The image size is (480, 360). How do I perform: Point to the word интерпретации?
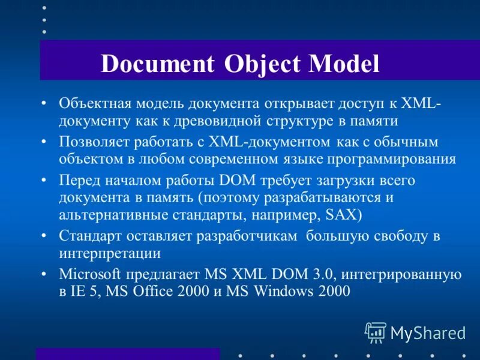tap(110, 253)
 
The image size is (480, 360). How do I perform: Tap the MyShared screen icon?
tap(376, 331)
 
